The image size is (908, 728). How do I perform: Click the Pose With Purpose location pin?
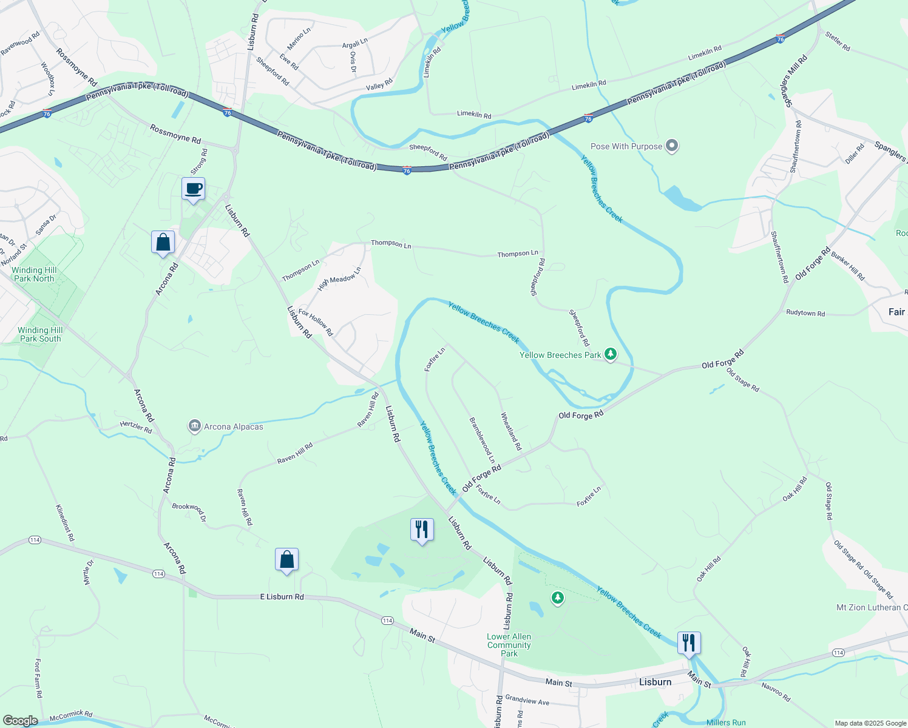click(671, 146)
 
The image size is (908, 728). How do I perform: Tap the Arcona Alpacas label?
click(233, 426)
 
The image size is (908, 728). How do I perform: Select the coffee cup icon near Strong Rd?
click(194, 189)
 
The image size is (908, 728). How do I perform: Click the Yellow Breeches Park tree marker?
click(611, 354)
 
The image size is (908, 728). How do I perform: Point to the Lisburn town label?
click(655, 682)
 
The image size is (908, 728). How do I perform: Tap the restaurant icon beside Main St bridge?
click(689, 642)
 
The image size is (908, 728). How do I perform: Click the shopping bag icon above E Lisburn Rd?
click(286, 559)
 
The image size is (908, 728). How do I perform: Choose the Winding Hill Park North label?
click(34, 274)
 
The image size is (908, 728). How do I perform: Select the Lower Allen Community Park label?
click(509, 645)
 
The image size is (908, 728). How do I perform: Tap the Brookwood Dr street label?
click(189, 513)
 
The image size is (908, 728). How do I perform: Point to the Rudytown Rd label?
click(805, 313)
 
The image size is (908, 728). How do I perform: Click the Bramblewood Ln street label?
click(482, 440)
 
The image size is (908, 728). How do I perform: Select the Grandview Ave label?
click(527, 701)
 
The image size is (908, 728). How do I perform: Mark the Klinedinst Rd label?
click(65, 522)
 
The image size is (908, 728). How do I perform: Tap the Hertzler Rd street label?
click(136, 427)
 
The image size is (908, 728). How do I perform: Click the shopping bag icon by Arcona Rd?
click(163, 243)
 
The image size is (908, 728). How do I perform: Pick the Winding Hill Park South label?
click(40, 334)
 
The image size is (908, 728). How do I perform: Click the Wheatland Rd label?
click(510, 431)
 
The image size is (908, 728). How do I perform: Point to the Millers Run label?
click(726, 722)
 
